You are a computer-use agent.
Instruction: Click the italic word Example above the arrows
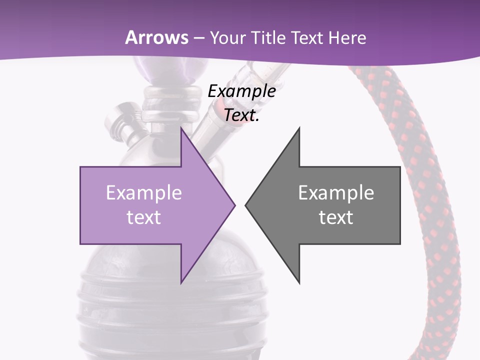(x=241, y=91)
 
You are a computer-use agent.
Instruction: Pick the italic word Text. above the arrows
(x=241, y=115)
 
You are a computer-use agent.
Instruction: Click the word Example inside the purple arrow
(x=143, y=192)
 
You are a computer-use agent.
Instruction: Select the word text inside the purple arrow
(x=143, y=217)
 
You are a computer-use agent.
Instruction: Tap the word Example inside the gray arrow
(x=336, y=192)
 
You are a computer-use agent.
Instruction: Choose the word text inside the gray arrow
(x=336, y=217)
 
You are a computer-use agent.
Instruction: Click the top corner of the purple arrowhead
(x=181, y=128)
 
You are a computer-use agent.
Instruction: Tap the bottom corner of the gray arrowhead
(x=299, y=283)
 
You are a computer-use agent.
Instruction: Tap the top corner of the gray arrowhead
(x=299, y=128)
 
